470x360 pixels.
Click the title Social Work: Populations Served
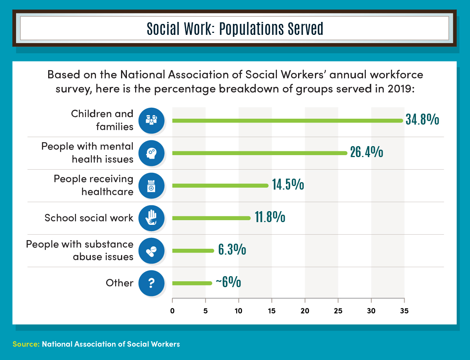(x=235, y=29)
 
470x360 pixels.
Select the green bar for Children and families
(x=287, y=121)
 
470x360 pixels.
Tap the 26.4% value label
(x=366, y=152)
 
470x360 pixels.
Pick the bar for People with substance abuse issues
(x=193, y=251)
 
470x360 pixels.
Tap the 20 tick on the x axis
(x=305, y=311)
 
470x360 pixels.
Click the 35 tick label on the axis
(x=404, y=311)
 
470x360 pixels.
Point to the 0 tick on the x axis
(x=172, y=311)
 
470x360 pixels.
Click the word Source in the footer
(x=25, y=344)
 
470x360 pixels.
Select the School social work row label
(x=89, y=218)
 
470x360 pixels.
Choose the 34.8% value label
(x=422, y=120)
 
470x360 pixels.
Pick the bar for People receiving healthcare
(x=220, y=186)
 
